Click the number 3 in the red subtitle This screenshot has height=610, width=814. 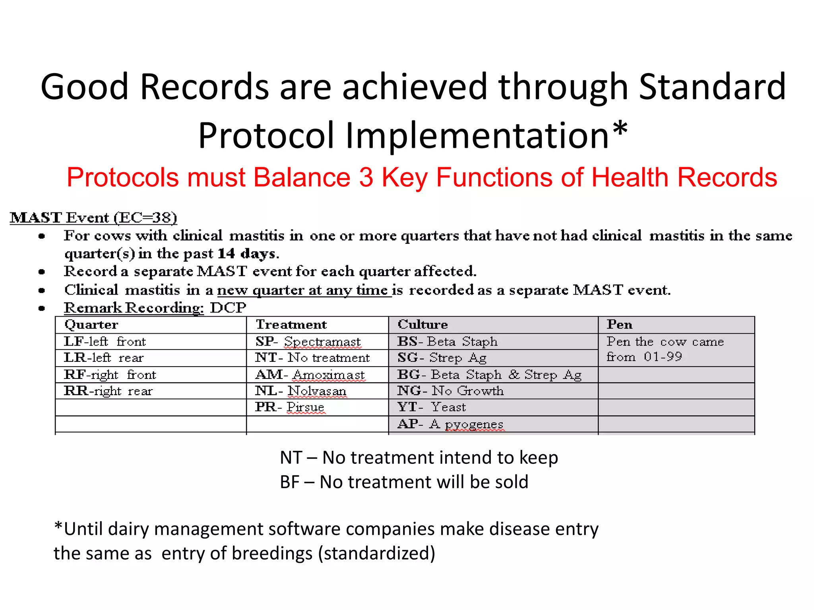click(366, 177)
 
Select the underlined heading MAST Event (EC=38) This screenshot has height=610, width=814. click(93, 218)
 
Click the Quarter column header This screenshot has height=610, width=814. click(91, 324)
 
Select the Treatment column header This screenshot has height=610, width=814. click(291, 324)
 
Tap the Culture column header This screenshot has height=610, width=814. click(423, 324)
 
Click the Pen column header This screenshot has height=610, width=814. click(619, 324)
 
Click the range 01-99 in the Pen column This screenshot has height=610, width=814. click(663, 357)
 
